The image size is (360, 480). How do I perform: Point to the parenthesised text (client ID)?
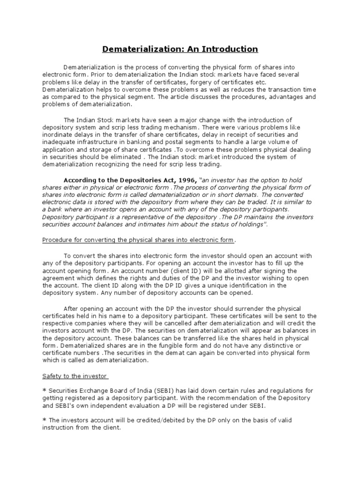pos(190,271)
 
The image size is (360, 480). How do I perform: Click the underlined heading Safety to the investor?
pos(75,376)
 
